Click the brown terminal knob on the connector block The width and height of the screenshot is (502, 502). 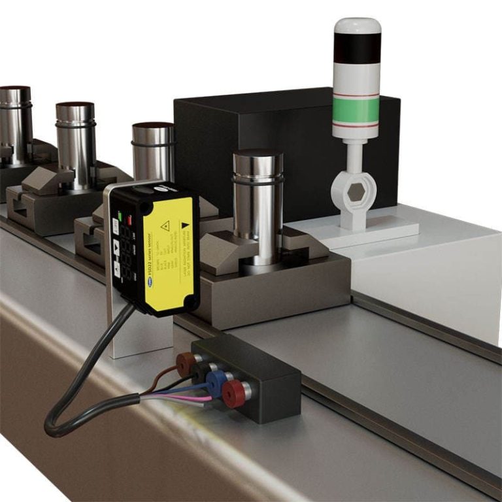click(186, 360)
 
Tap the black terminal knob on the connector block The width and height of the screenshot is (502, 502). click(199, 371)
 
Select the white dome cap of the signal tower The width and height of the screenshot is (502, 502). click(357, 25)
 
